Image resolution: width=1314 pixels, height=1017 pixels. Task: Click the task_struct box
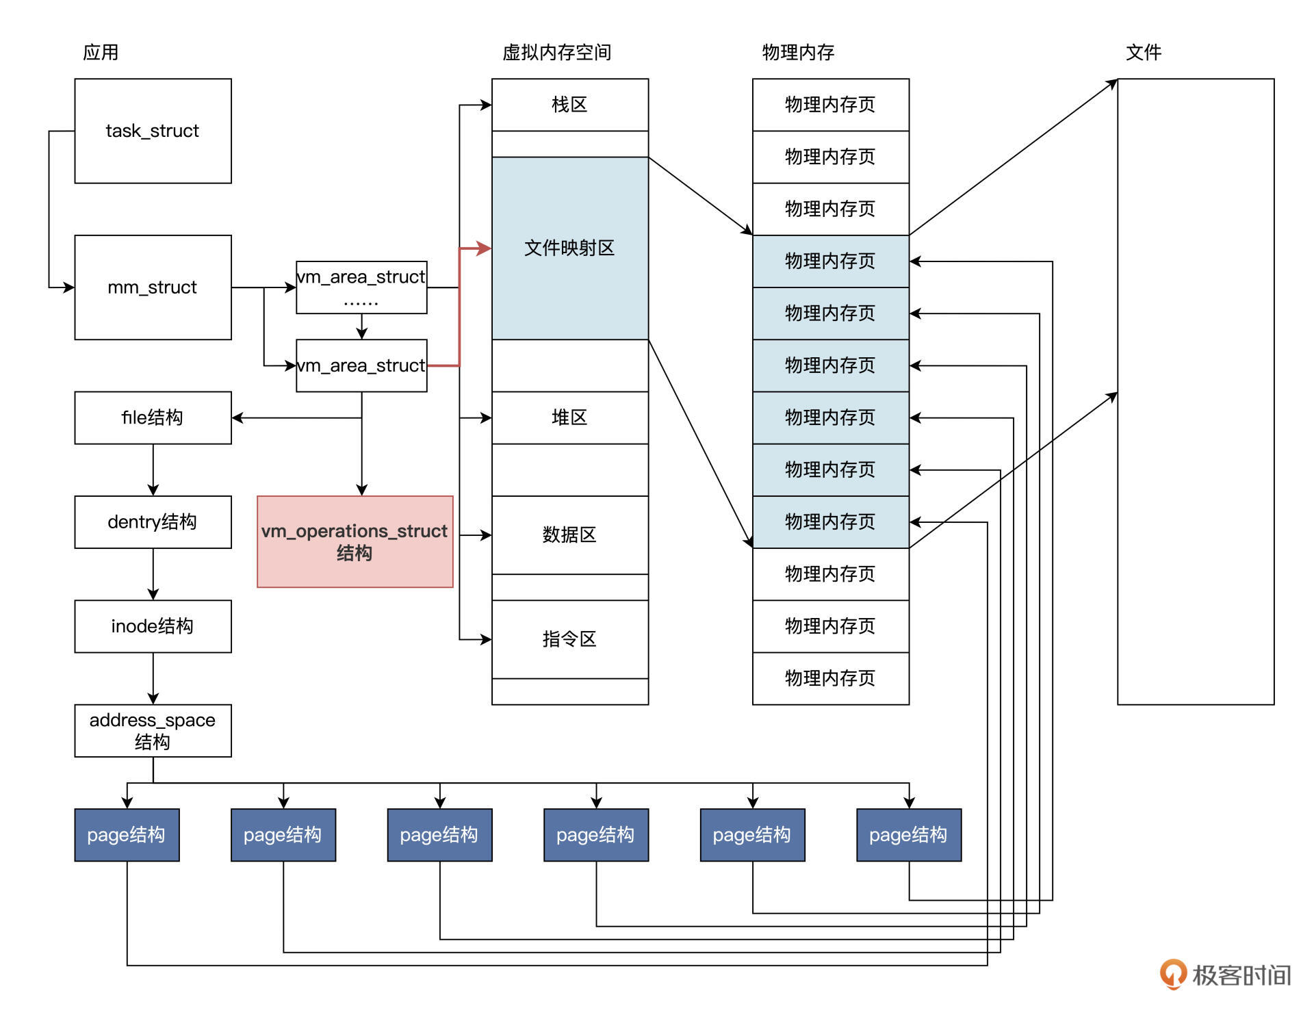click(x=153, y=131)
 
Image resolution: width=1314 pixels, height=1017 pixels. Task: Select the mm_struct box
click(x=153, y=287)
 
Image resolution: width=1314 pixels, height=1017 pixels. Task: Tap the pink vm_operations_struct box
click(x=355, y=541)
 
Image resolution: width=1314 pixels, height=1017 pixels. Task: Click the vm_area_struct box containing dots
click(x=361, y=287)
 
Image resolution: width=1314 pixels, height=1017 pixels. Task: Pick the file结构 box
click(x=153, y=417)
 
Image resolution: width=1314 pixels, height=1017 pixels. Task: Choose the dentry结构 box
click(x=153, y=522)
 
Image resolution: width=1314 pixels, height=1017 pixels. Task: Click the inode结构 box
click(x=153, y=626)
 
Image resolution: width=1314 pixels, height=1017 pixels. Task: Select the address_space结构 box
click(x=153, y=730)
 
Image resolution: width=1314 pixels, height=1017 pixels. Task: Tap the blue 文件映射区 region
click(x=569, y=248)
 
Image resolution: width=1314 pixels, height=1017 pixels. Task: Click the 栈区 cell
click(x=569, y=105)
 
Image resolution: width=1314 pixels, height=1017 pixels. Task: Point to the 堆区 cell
click(x=569, y=417)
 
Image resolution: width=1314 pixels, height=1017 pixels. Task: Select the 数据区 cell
click(x=569, y=535)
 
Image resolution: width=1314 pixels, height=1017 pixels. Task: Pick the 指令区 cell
click(x=569, y=639)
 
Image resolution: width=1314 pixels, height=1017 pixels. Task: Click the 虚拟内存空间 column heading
click(x=556, y=53)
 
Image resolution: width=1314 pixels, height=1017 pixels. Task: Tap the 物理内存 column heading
click(x=798, y=53)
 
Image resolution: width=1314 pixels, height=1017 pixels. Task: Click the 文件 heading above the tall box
click(x=1143, y=53)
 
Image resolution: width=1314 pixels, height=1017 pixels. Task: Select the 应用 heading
click(x=101, y=53)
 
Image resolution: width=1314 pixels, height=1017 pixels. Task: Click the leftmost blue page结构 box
click(x=127, y=835)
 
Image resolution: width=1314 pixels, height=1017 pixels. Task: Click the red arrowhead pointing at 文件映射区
click(x=485, y=248)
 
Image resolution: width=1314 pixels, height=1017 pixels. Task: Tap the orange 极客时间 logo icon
click(x=1172, y=974)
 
